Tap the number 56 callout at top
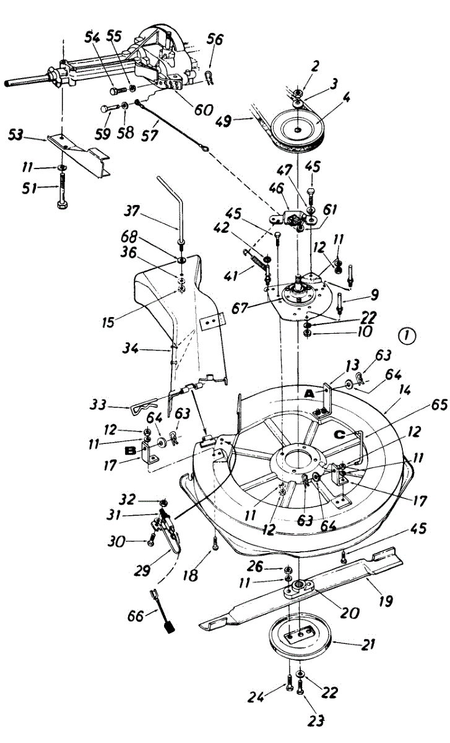point(215,40)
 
